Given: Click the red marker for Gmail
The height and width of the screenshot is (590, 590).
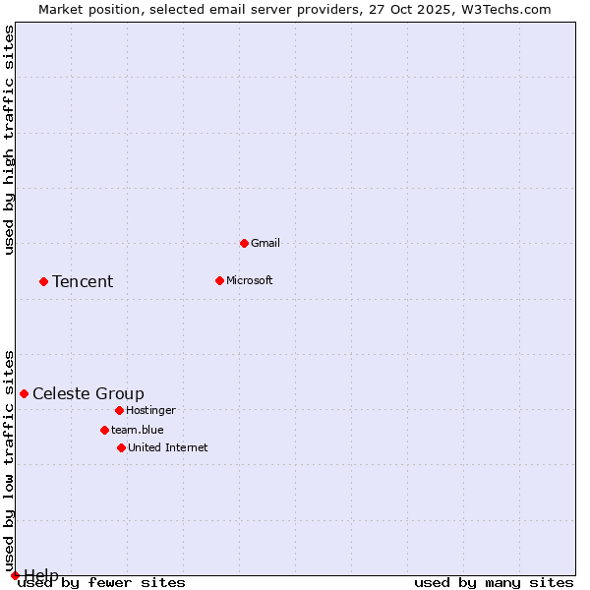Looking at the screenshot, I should [244, 243].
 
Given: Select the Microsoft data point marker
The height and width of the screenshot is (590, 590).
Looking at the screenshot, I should [219, 280].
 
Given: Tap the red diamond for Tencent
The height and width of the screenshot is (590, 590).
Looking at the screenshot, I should [43, 281].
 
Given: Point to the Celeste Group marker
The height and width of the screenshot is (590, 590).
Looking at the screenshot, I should [24, 393].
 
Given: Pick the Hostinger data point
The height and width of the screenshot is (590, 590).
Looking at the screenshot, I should [119, 410].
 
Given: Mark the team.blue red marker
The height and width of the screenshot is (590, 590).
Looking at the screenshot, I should [104, 430].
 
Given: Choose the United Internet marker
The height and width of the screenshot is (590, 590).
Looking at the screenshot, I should [121, 447].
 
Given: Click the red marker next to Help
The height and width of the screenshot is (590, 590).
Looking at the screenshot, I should [15, 575].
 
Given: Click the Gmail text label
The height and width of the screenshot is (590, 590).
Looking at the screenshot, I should [265, 243].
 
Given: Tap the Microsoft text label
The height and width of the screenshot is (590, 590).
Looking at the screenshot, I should [250, 280].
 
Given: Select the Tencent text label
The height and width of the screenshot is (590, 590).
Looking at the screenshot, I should [83, 281].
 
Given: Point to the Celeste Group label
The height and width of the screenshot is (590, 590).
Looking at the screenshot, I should [88, 393].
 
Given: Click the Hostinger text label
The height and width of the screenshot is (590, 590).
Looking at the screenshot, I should [150, 410].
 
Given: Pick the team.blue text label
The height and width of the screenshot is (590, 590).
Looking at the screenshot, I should [138, 430].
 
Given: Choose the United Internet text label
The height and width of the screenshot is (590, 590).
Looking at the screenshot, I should [168, 447].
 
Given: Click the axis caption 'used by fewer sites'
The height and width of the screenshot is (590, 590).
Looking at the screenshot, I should [102, 582].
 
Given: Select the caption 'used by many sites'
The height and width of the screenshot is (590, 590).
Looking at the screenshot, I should [494, 582].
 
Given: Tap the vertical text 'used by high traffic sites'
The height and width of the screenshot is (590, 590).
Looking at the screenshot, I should [10, 140].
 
